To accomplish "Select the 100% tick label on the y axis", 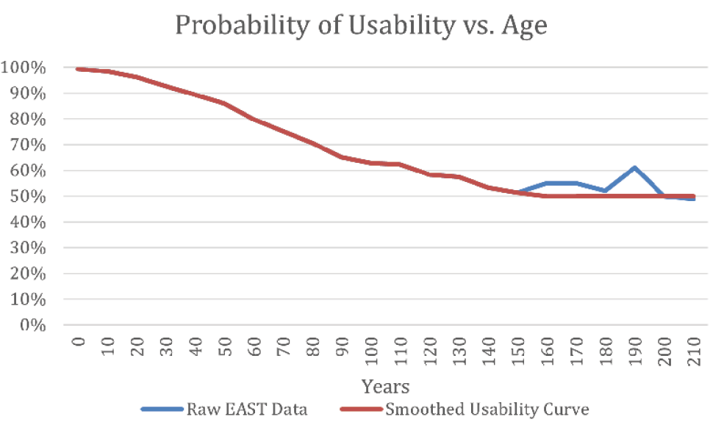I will point(24,68).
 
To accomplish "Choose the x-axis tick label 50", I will point(225,343).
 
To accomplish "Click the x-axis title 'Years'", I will point(385,385).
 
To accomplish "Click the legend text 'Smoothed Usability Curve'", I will point(487,408).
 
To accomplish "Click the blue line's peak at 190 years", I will point(634,168).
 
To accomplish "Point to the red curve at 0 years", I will point(78,69).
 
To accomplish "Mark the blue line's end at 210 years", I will point(692,199).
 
